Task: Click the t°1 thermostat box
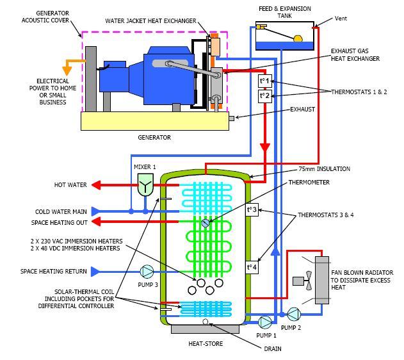tap(264, 81)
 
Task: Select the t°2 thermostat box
tap(264, 96)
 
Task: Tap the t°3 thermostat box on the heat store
tap(253, 210)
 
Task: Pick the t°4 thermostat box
tap(253, 267)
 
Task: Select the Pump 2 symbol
tap(293, 314)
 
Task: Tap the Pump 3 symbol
tap(147, 272)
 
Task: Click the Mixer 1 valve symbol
tap(145, 186)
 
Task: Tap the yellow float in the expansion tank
tap(298, 39)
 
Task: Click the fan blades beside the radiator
tap(309, 280)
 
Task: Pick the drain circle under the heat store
tap(206, 322)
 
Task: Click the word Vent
tap(341, 19)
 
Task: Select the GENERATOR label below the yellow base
tap(155, 137)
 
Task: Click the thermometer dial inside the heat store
tap(205, 223)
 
